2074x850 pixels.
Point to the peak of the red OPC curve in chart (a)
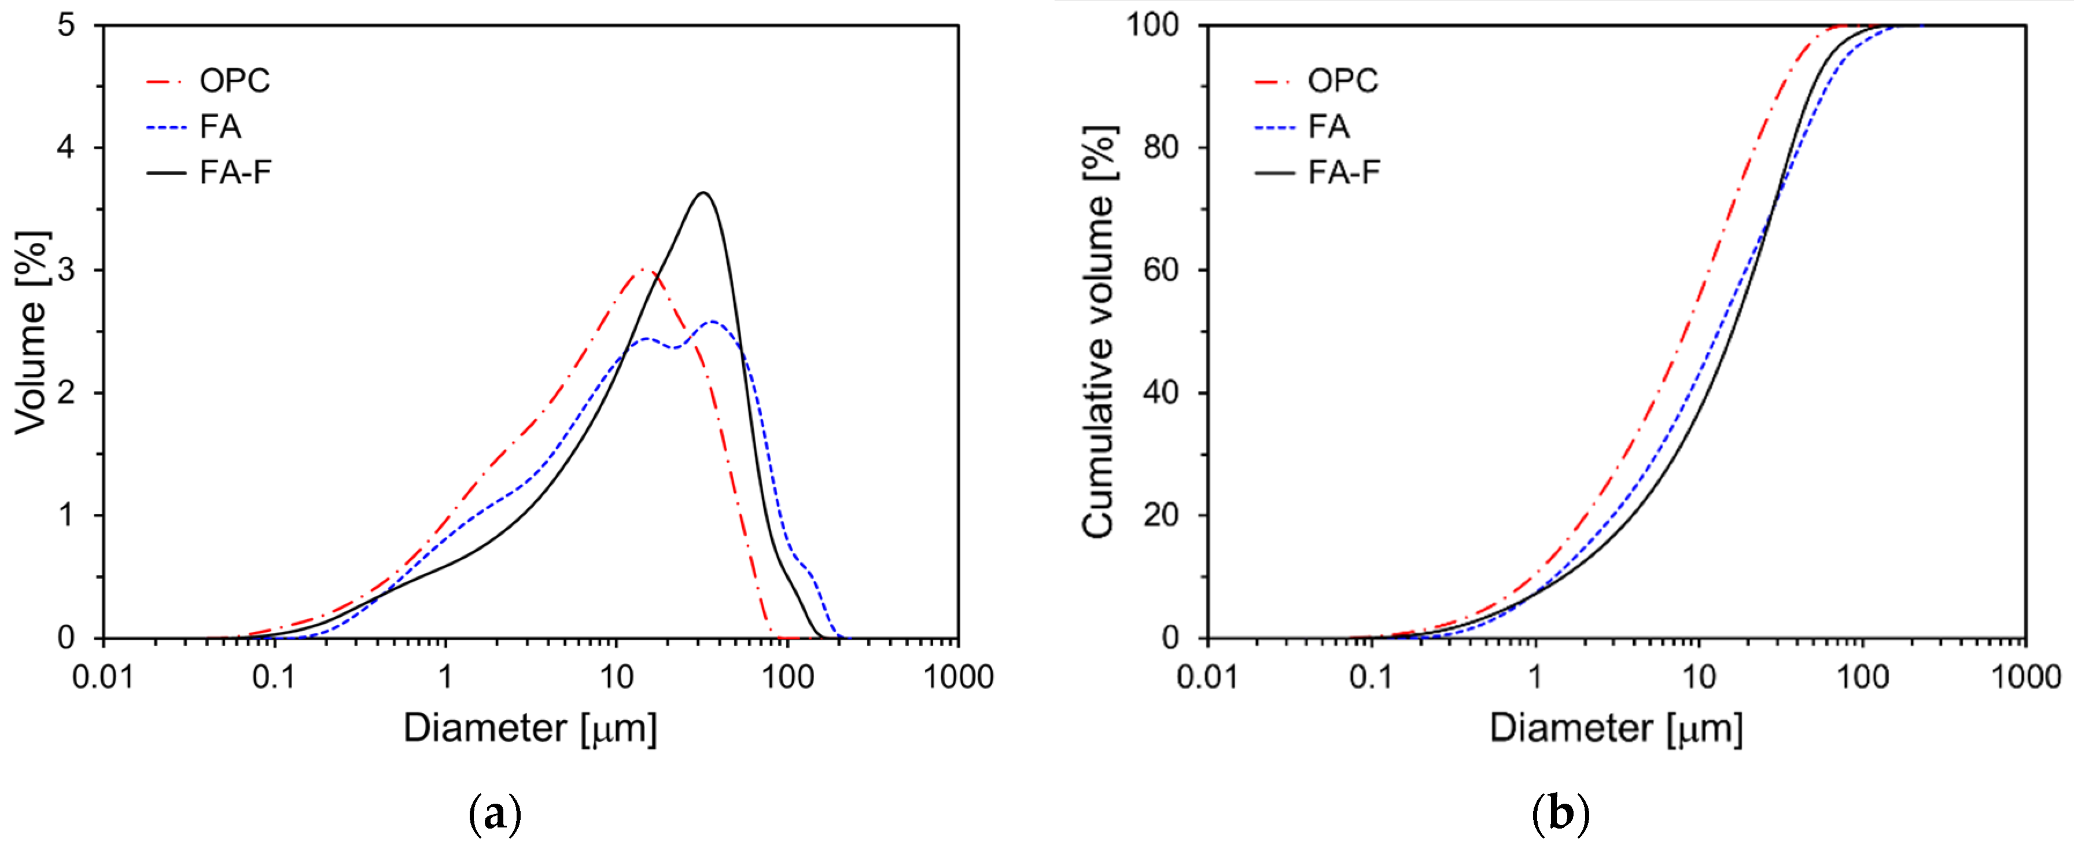pos(642,270)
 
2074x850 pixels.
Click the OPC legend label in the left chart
pos(234,80)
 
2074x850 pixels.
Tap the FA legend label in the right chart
pos(1328,126)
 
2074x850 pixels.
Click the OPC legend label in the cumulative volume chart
pos(1342,80)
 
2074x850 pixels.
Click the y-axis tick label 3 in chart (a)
pos(66,270)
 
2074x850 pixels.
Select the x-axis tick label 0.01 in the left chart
pos(103,678)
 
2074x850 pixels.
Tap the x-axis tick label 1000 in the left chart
pos(957,678)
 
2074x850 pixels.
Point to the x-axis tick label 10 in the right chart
pos(1699,678)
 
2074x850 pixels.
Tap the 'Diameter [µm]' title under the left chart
pos(530,728)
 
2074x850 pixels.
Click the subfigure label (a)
pos(494,815)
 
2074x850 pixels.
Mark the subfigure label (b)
pos(1560,815)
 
